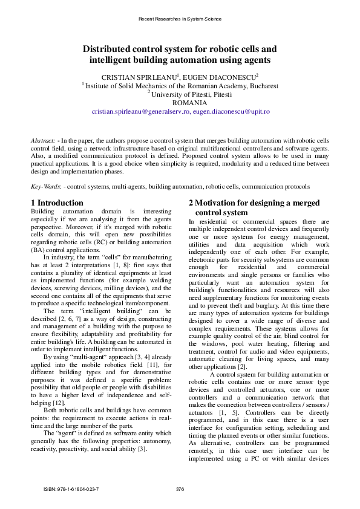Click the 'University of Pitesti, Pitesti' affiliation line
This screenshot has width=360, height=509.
[x=182, y=94]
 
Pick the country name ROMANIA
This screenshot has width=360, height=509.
[x=180, y=103]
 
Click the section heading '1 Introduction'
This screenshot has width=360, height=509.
[x=57, y=203]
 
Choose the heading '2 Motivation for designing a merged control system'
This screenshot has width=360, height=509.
[x=254, y=208]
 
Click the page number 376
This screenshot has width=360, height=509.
[x=180, y=488]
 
